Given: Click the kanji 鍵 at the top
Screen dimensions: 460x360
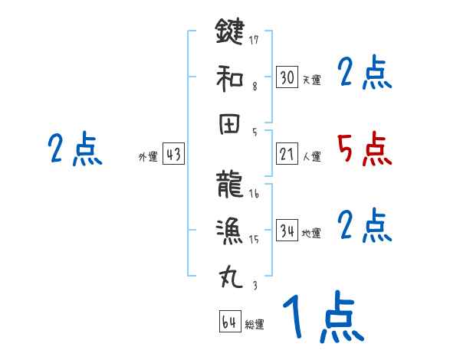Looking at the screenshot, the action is [x=230, y=32].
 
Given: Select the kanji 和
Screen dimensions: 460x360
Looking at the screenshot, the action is [x=230, y=77].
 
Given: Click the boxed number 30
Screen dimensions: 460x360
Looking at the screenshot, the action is [x=287, y=77].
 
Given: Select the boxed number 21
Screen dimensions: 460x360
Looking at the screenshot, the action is [x=287, y=154].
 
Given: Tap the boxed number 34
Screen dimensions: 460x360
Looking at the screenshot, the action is [x=287, y=231].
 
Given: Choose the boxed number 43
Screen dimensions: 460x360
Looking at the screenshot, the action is [x=173, y=154].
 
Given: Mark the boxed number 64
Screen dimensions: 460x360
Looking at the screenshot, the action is [x=229, y=322].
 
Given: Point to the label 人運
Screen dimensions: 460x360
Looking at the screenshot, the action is [x=311, y=156].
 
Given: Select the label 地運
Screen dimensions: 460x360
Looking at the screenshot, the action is [x=311, y=233].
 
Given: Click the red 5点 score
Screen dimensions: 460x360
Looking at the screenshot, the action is [x=365, y=149].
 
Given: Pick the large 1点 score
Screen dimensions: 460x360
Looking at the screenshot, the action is [x=323, y=319].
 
